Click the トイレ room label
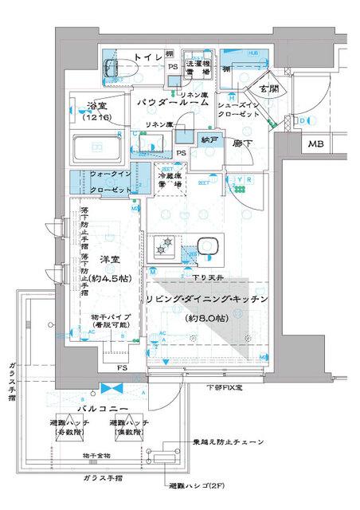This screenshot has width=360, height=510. click(147, 57)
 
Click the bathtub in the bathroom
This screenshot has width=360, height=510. click(96, 147)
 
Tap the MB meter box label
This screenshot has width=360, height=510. click(318, 144)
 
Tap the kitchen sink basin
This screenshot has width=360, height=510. click(209, 245)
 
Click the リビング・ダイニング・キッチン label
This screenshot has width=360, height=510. click(205, 298)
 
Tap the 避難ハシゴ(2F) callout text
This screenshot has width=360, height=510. click(196, 484)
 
